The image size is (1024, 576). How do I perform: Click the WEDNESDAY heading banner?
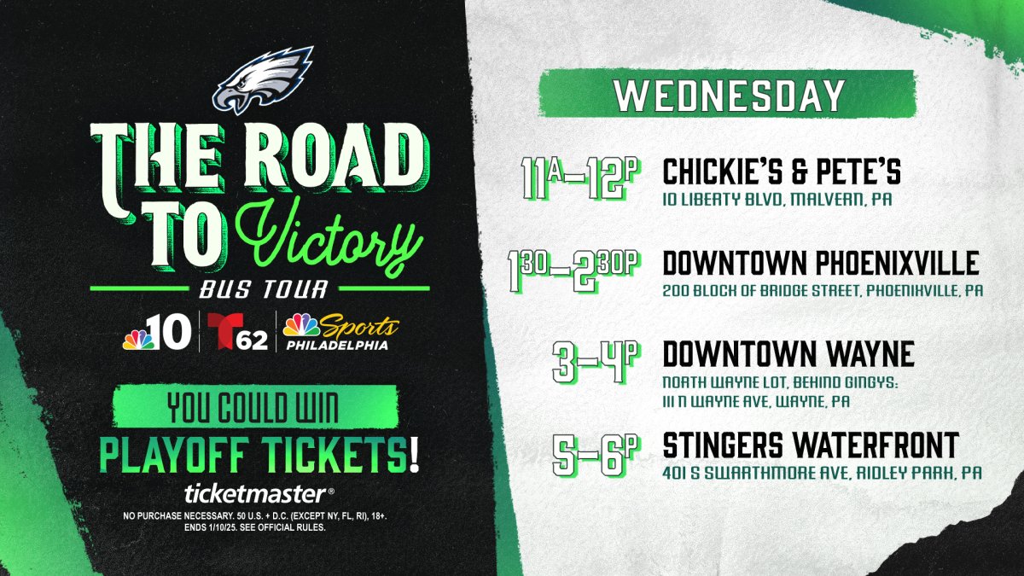click(x=729, y=95)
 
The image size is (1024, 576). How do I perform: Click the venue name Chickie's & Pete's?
click(x=782, y=172)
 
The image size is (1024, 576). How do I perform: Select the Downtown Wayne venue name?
click(x=788, y=353)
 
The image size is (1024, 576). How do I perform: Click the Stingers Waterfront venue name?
click(x=811, y=445)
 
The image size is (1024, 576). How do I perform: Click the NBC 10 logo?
click(x=152, y=333)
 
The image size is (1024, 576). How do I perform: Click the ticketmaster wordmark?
click(x=254, y=493)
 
